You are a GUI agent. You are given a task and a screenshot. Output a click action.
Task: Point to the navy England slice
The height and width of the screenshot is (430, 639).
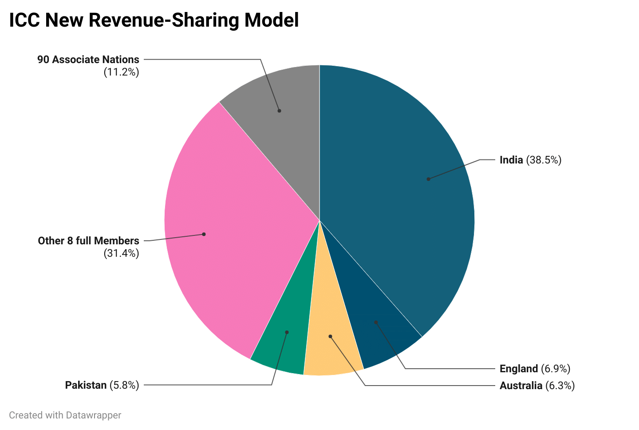tap(377, 329)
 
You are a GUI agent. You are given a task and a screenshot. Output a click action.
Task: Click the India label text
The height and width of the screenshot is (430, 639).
tap(511, 160)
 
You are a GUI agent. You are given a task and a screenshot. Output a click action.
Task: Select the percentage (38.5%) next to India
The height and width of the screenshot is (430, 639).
tap(544, 160)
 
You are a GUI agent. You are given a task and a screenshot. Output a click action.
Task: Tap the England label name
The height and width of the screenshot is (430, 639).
tap(518, 369)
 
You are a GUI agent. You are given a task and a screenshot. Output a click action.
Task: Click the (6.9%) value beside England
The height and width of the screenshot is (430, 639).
tap(556, 369)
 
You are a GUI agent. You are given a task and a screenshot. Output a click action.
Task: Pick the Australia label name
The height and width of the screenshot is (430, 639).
tap(521, 386)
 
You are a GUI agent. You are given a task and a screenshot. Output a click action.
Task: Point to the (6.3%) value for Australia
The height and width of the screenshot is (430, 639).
tap(560, 386)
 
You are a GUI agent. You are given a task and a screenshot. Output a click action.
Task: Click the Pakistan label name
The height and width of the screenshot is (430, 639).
tap(86, 385)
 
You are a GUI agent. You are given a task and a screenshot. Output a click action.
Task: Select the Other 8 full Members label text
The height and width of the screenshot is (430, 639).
tap(88, 241)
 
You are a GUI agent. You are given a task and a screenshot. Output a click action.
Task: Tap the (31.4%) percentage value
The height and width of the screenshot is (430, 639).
tap(121, 254)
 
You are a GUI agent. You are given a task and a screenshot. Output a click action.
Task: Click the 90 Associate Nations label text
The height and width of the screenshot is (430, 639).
tap(88, 60)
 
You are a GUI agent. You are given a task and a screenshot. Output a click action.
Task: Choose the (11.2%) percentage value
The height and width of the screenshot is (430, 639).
tap(121, 72)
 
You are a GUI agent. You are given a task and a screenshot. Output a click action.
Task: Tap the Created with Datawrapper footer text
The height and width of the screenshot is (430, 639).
tap(65, 415)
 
